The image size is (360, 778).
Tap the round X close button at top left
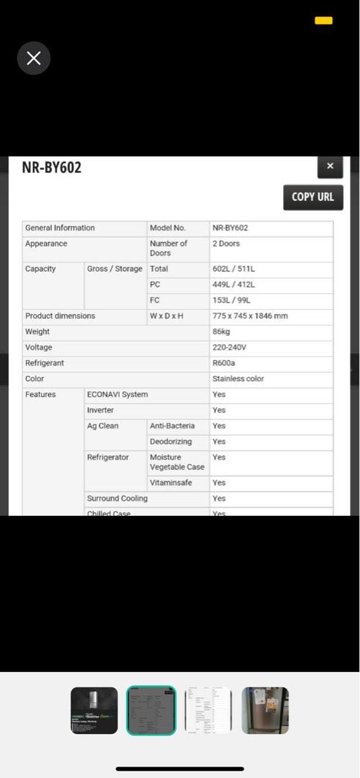(34, 58)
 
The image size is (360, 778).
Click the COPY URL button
(312, 197)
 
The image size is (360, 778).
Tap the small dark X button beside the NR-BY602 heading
(330, 166)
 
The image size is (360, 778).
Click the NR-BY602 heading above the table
(52, 168)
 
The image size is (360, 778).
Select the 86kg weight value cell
(220, 332)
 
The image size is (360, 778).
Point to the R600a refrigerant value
(224, 363)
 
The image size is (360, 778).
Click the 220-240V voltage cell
(228, 347)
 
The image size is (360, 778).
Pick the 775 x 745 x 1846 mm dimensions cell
(250, 316)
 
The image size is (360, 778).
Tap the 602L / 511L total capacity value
(233, 269)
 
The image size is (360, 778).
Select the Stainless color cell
(238, 379)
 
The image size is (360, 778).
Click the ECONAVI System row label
(117, 395)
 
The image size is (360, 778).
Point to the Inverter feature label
(100, 411)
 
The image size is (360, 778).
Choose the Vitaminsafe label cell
(171, 483)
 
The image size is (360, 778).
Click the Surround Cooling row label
(117, 498)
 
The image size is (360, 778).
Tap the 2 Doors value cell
(226, 244)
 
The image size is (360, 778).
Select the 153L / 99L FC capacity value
(231, 300)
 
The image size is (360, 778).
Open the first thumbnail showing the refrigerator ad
(94, 710)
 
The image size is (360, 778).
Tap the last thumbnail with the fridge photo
(265, 710)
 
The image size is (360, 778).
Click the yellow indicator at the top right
(323, 21)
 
